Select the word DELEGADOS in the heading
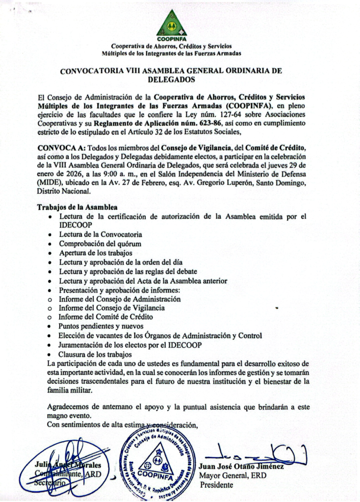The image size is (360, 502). point(171,79)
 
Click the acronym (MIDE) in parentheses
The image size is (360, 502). point(49,182)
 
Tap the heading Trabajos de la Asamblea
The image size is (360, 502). point(77,207)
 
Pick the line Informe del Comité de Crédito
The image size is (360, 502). point(105,317)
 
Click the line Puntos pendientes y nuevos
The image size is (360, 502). point(101,326)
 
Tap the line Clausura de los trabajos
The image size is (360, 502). point(95,354)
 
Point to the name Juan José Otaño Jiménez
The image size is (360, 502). point(242,466)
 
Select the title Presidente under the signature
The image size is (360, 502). point(217,485)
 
